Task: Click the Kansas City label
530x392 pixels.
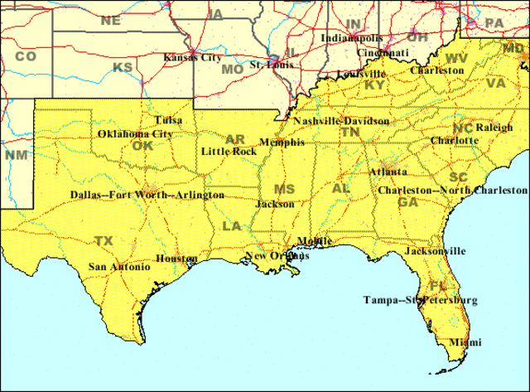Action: [x=192, y=58]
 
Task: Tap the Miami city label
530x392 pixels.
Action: [x=465, y=342]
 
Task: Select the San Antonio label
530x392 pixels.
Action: [x=119, y=267]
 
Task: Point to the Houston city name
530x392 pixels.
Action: [x=176, y=259]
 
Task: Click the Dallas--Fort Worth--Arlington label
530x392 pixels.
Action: [x=147, y=196]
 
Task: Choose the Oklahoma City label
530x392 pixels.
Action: [x=135, y=133]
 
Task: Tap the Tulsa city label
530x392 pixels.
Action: [x=168, y=120]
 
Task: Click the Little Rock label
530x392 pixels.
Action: [x=228, y=152]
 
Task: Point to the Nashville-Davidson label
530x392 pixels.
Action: [x=340, y=121]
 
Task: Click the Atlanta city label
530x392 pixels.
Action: [x=388, y=172]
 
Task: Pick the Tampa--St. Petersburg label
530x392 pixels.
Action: [x=420, y=299]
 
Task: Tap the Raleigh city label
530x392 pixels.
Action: [x=494, y=128]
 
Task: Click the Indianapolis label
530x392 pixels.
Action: [x=352, y=38]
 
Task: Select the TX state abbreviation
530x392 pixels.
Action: [x=104, y=241]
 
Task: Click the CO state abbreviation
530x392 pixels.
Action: [x=26, y=56]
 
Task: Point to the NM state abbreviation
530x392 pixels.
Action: [x=16, y=155]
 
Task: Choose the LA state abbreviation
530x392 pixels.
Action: [x=231, y=226]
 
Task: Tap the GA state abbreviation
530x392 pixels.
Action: [x=407, y=202]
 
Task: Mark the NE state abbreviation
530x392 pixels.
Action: [x=110, y=20]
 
